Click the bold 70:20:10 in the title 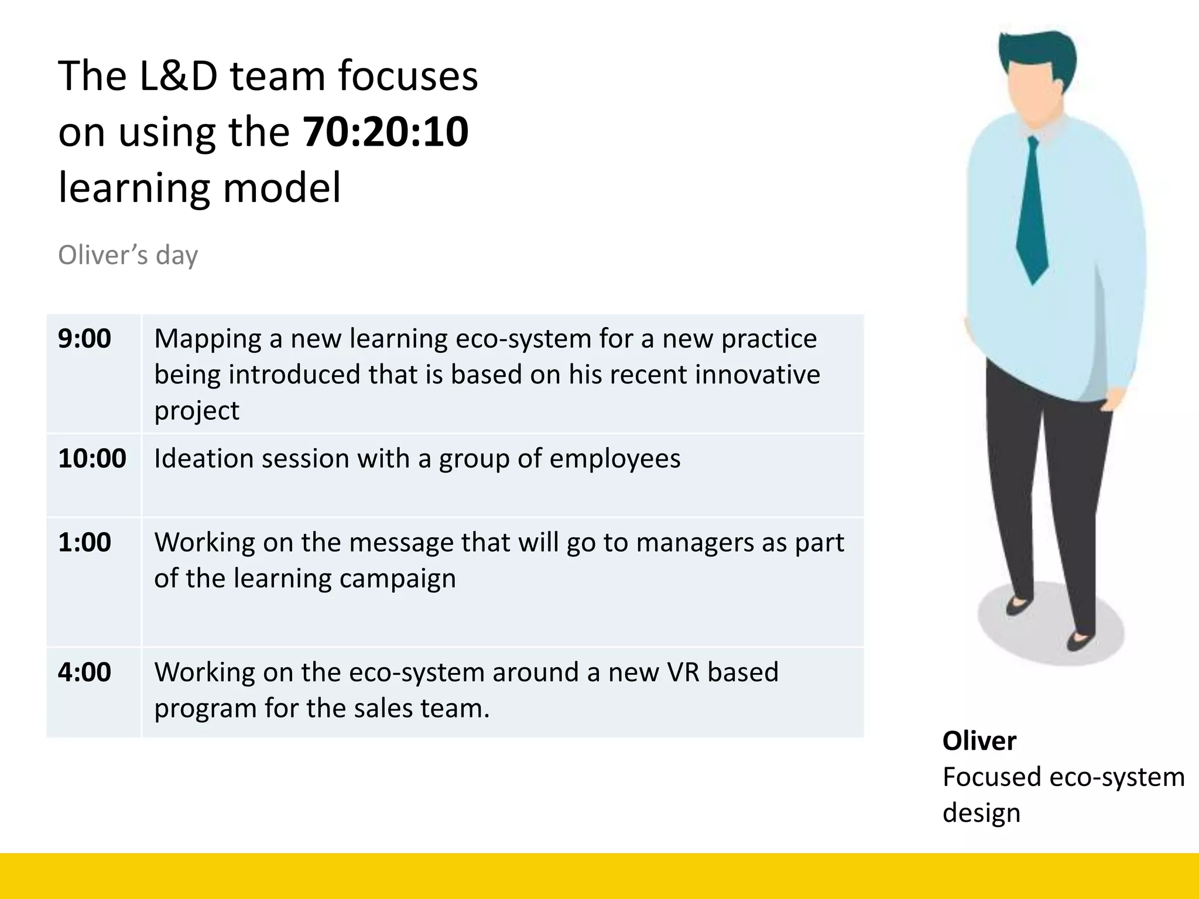(x=385, y=132)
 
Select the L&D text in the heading (x=179, y=76)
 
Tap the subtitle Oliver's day (x=128, y=255)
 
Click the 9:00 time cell (x=84, y=339)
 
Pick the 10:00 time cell (x=92, y=458)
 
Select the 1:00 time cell (x=84, y=543)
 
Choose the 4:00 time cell (x=84, y=672)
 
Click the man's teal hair (x=1036, y=50)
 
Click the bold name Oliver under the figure (x=979, y=742)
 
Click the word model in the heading (x=282, y=188)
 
